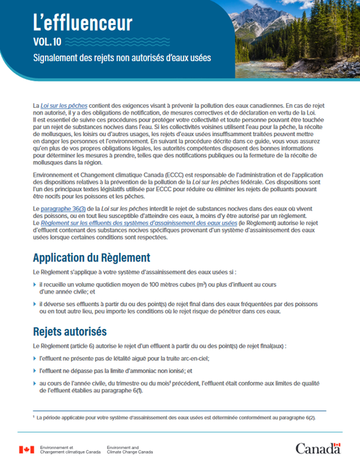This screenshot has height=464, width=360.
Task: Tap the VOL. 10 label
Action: pyautogui.click(x=46, y=42)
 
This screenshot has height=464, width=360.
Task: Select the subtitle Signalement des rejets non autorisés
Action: pyautogui.click(x=122, y=58)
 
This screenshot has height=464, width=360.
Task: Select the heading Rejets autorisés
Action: pyautogui.click(x=70, y=332)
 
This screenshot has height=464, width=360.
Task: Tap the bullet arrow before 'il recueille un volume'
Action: pyautogui.click(x=35, y=285)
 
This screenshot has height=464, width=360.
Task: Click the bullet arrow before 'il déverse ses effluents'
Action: pyautogui.click(x=35, y=304)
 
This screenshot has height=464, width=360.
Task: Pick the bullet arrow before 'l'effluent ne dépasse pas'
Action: pyautogui.click(x=35, y=371)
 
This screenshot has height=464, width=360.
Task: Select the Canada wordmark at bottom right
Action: pyautogui.click(x=317, y=448)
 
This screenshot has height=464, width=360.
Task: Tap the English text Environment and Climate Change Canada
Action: pyautogui.click(x=130, y=450)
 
